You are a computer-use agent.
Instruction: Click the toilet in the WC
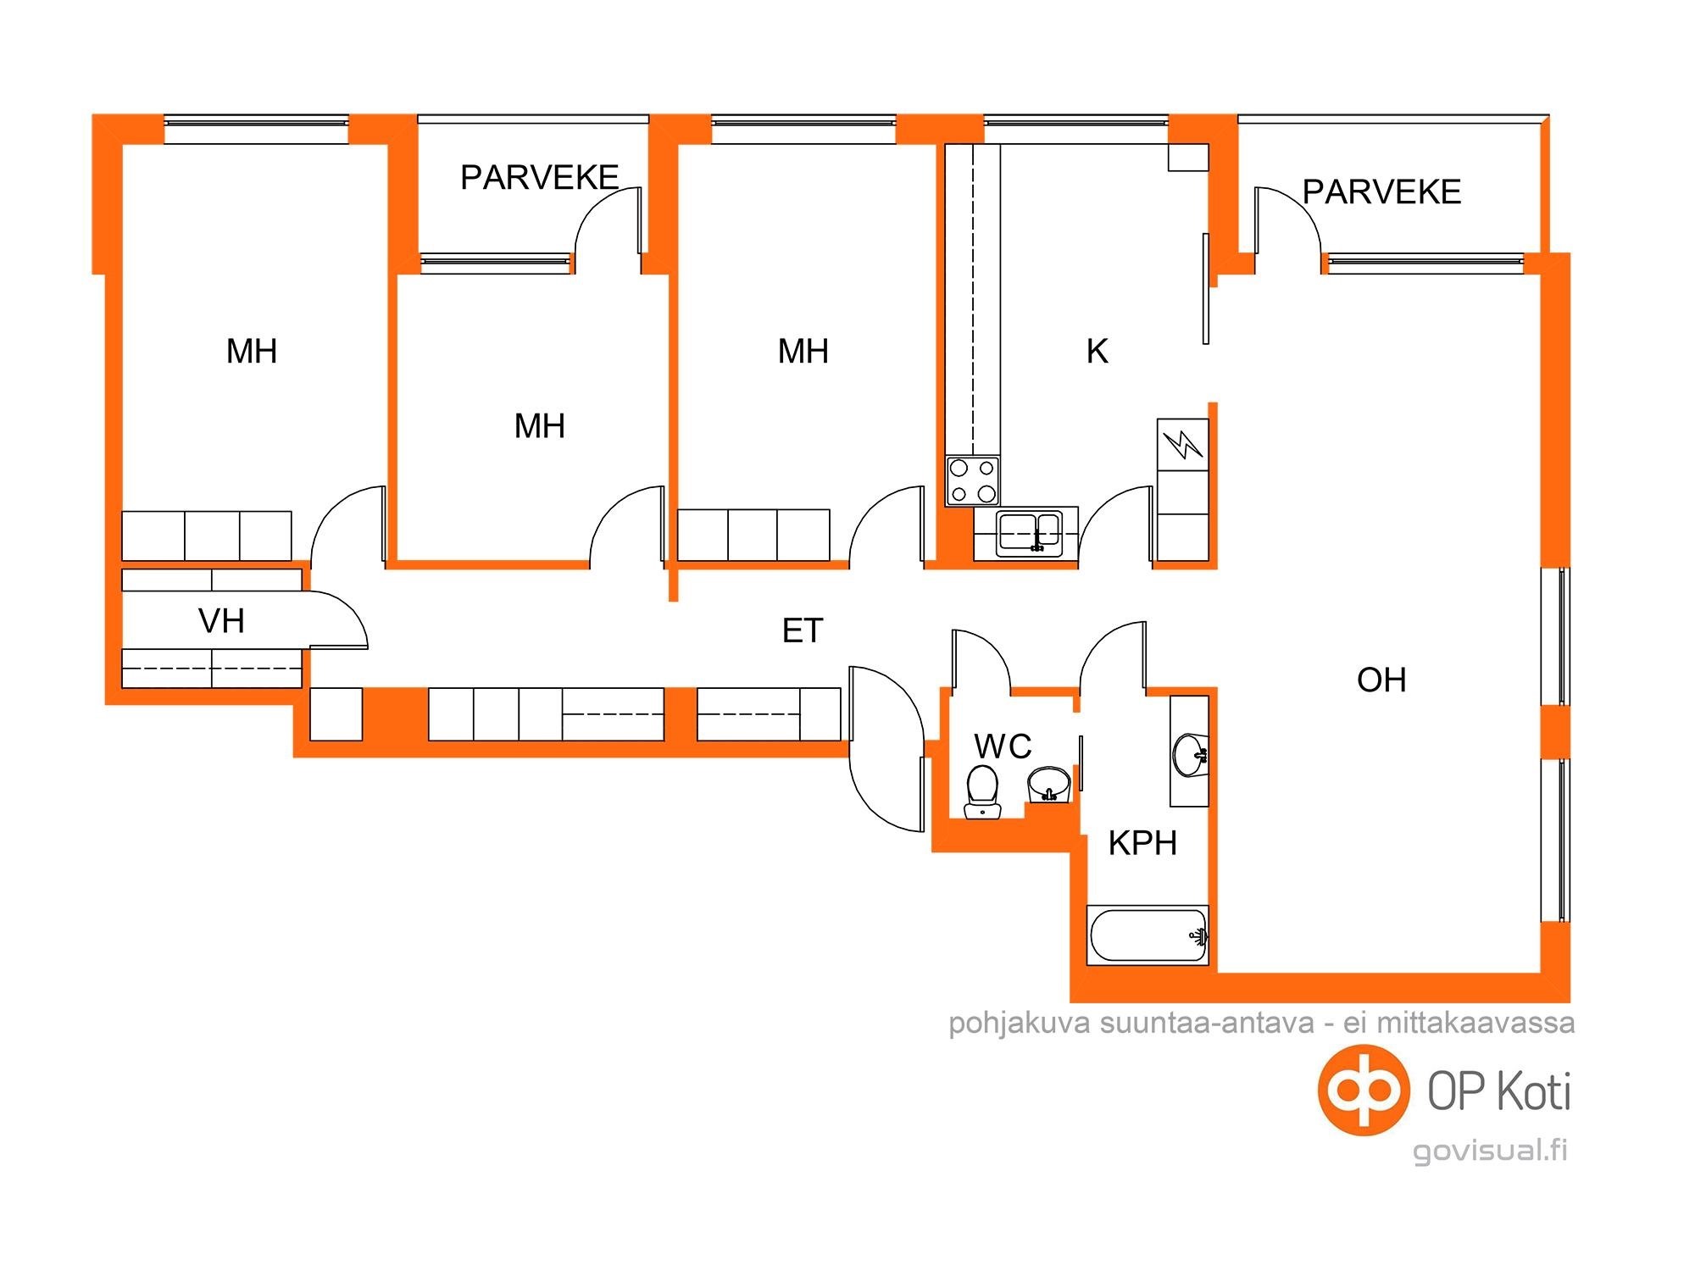[983, 791]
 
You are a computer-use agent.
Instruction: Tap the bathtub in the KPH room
[1148, 935]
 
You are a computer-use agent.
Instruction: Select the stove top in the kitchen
[973, 480]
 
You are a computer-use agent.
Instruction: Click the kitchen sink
[1029, 532]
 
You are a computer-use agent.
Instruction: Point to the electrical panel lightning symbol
[1182, 443]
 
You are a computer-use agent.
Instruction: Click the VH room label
[221, 621]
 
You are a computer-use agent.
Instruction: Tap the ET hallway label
[802, 630]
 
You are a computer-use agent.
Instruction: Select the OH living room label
[1381, 680]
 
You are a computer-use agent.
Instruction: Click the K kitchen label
[1097, 351]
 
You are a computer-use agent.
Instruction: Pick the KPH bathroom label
[1142, 843]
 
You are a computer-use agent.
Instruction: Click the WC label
[1003, 747]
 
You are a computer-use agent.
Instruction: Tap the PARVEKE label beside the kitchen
[1381, 191]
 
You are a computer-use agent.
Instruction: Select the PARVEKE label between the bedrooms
[539, 177]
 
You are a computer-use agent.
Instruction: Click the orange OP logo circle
[1364, 1090]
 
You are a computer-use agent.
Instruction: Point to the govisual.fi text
[1490, 1151]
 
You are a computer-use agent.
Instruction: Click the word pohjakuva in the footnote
[1019, 1023]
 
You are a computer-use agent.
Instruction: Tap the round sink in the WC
[1049, 785]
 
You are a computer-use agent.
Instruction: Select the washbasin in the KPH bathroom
[1190, 754]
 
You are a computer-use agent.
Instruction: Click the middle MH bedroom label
[539, 425]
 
